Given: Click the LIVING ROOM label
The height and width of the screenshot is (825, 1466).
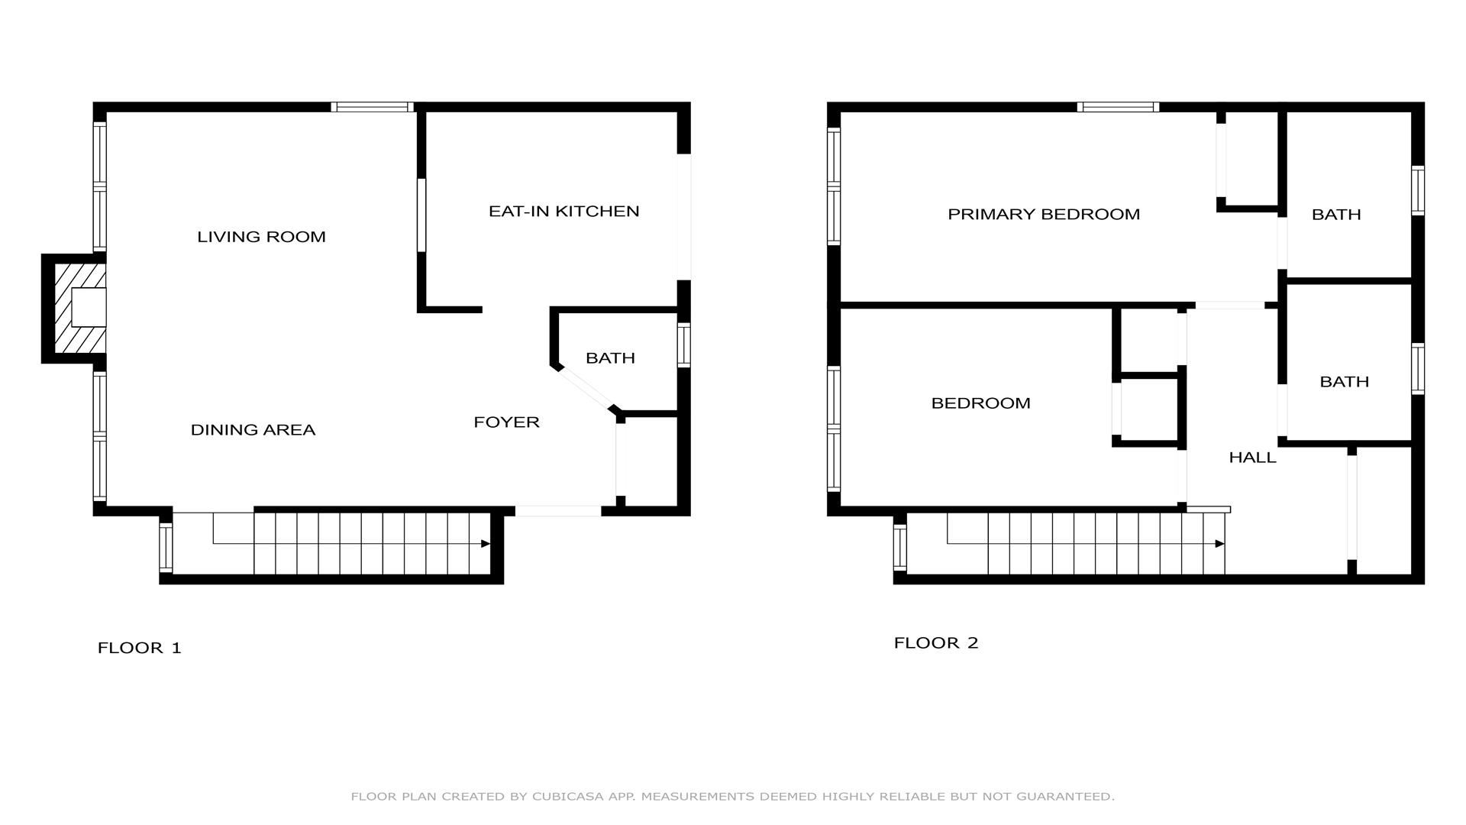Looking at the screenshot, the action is pos(261,237).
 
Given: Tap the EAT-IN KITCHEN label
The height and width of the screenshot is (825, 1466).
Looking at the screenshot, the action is pos(564,211).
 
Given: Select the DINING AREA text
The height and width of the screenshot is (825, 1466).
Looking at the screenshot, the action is pos(253,430).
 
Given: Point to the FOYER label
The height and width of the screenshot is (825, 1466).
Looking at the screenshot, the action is pos(506,422).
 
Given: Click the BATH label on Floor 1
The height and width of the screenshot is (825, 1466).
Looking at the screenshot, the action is pos(610,357).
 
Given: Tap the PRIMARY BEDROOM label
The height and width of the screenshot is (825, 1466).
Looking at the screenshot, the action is pos(1044,215).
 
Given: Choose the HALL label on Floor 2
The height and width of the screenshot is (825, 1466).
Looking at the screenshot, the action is pos(1252,458).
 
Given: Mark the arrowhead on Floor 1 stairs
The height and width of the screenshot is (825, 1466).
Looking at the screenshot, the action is pos(486,544).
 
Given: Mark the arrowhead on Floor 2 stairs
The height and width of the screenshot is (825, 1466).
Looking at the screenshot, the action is pos(1220,544).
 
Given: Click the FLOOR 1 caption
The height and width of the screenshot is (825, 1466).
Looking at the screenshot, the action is pos(140,648).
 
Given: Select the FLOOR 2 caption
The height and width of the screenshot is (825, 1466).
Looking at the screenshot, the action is pos(936,643).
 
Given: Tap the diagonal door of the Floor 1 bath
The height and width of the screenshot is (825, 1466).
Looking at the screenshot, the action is pos(586,390).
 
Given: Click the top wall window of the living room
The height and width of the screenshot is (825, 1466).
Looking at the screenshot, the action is pos(373,107).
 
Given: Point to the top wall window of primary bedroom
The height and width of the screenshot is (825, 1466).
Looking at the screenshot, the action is pos(1118,107).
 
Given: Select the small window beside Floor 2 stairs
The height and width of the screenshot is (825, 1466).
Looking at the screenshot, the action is pos(900,547).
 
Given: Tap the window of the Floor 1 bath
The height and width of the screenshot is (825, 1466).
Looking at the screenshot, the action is pos(684,345).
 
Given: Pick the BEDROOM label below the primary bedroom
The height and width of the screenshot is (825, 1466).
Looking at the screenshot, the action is pos(980,403).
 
